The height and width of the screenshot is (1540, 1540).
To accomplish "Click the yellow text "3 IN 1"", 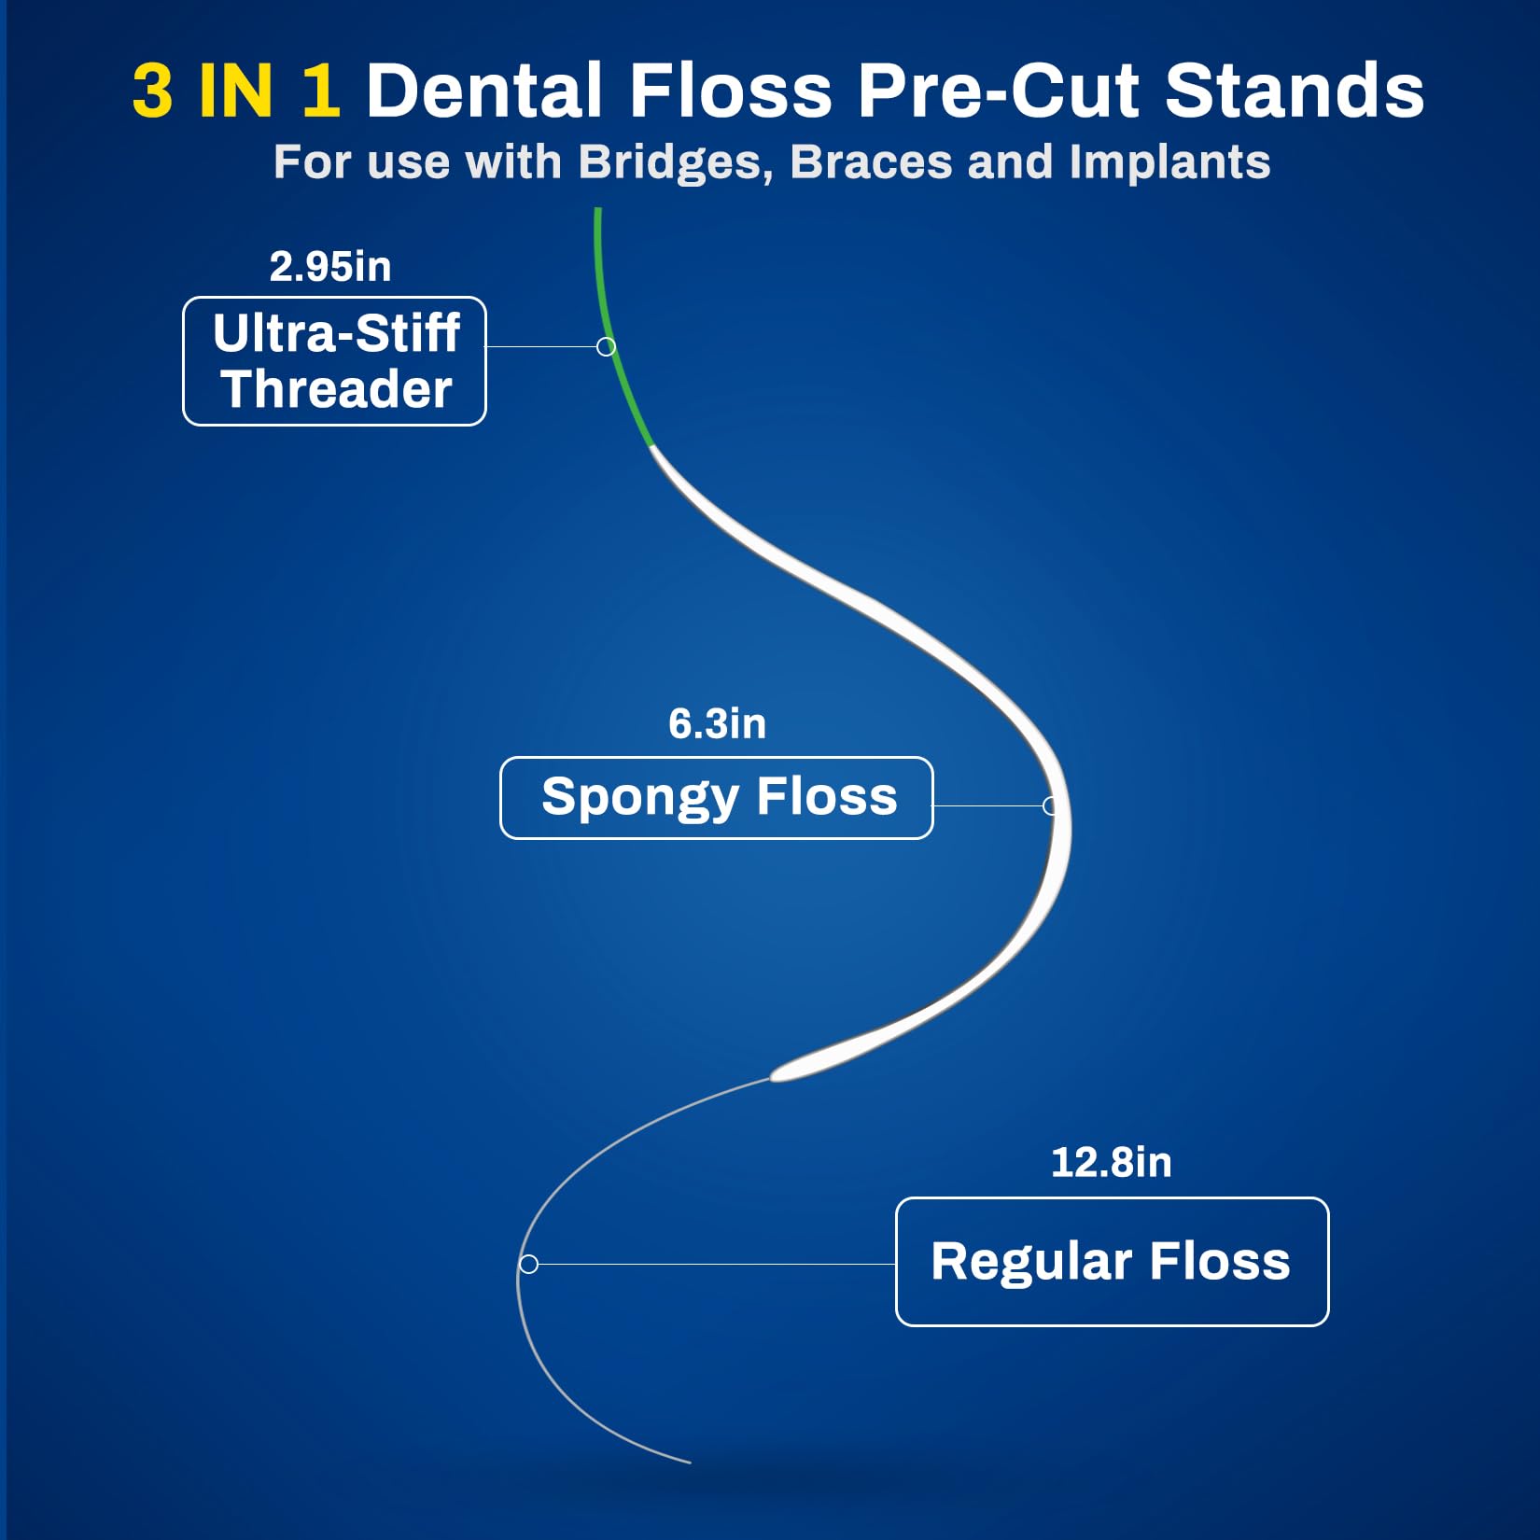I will pyautogui.click(x=235, y=91).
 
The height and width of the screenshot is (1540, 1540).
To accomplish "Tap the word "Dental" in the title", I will pyautogui.click(x=484, y=91).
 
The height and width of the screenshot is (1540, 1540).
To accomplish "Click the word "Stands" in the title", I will pyautogui.click(x=1295, y=91).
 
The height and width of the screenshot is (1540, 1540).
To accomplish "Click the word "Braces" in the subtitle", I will pyautogui.click(x=871, y=161).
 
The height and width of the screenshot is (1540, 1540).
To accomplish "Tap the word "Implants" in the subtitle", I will pyautogui.click(x=1169, y=163).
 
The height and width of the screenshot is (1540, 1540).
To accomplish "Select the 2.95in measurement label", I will pyautogui.click(x=330, y=267).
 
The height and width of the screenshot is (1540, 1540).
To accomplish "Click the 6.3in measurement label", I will pyautogui.click(x=717, y=724).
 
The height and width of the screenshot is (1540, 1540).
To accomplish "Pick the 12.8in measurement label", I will pyautogui.click(x=1111, y=1163).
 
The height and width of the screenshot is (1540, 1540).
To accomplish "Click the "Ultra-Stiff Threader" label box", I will pyautogui.click(x=334, y=361).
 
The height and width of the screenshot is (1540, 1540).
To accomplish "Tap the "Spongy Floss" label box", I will pyautogui.click(x=717, y=798).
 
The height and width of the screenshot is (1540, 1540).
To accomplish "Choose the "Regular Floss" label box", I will pyautogui.click(x=1112, y=1262).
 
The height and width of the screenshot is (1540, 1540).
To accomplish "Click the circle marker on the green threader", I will pyautogui.click(x=606, y=347).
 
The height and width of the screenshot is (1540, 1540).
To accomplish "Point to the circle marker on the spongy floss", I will pyautogui.click(x=1051, y=805).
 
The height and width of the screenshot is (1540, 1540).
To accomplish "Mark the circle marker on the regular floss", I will pyautogui.click(x=528, y=1265).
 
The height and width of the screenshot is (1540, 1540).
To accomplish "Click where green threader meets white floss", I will pyautogui.click(x=651, y=447).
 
